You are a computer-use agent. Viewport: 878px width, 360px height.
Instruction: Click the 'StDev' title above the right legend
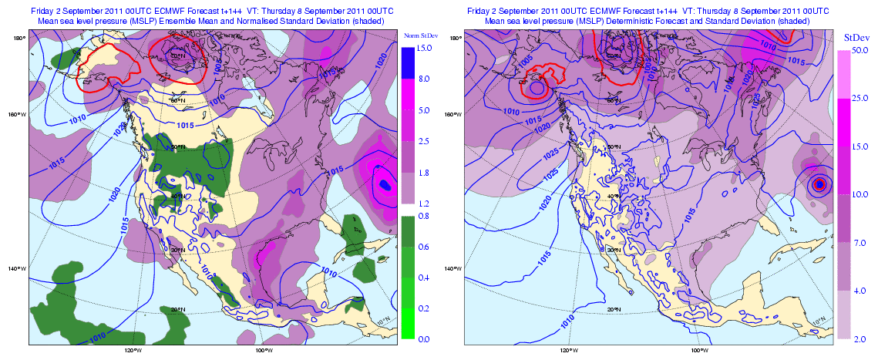856,37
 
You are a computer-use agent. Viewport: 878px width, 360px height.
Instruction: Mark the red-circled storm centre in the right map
819,183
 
